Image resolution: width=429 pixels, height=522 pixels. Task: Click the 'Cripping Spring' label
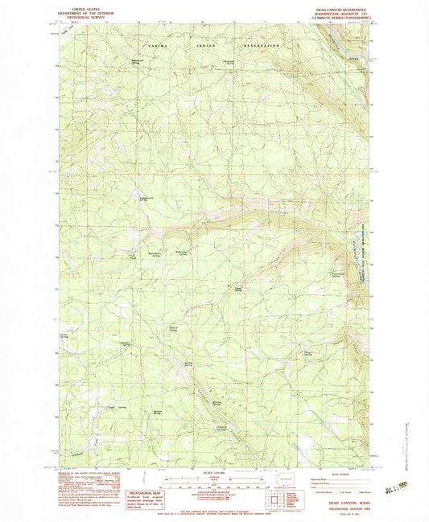click(x=221, y=427)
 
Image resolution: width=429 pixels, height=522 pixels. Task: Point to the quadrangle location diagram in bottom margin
click(x=277, y=486)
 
